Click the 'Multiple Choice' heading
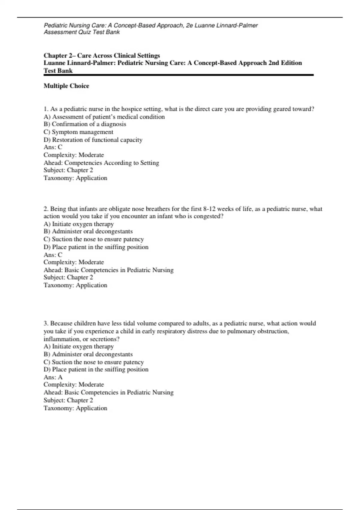[x=66, y=86]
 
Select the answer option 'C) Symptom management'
[x=78, y=132]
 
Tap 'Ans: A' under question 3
[x=53, y=377]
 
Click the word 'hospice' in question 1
[x=131, y=109]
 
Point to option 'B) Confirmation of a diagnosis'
[x=85, y=124]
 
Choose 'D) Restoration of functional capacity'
[x=93, y=140]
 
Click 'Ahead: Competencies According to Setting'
[x=101, y=163]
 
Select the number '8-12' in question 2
[x=210, y=209]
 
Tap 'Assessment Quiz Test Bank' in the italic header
[x=82, y=32]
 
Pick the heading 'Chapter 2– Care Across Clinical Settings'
[x=102, y=55]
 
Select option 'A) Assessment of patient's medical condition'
[x=104, y=117]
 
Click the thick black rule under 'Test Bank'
[x=178, y=75]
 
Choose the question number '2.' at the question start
[x=46, y=209]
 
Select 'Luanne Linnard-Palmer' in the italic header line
[x=226, y=25]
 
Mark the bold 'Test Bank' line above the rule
[x=58, y=71]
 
